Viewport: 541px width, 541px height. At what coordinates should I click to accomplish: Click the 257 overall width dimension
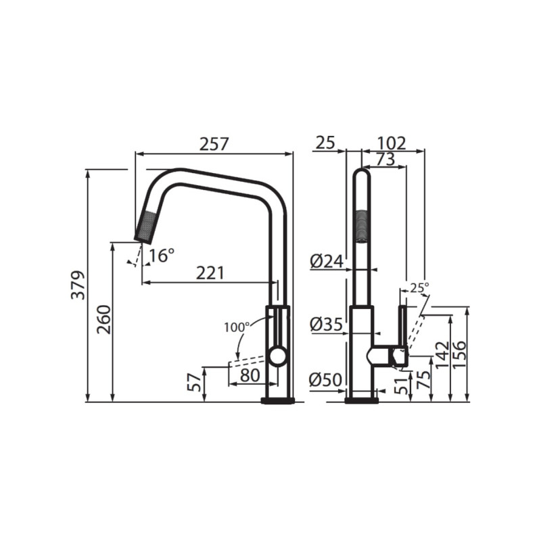click(214, 143)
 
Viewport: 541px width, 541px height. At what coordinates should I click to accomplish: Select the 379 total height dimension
click(79, 285)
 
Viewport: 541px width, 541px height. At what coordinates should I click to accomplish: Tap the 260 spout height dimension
click(103, 319)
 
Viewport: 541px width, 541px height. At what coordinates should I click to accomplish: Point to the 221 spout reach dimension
click(210, 273)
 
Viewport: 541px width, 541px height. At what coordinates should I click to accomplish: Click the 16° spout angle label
click(162, 256)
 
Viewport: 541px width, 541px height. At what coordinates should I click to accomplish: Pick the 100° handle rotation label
click(237, 327)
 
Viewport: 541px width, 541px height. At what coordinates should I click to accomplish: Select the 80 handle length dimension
click(250, 374)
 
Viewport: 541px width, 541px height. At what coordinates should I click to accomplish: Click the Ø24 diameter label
click(325, 260)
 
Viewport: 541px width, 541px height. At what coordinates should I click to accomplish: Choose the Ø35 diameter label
click(325, 325)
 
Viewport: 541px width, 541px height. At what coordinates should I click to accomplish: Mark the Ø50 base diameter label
click(325, 381)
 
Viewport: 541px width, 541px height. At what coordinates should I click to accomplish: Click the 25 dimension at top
click(326, 143)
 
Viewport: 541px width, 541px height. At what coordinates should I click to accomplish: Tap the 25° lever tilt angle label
click(420, 287)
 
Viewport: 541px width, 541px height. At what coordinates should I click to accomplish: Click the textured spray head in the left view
click(147, 225)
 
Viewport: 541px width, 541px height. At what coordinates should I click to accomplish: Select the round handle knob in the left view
click(277, 356)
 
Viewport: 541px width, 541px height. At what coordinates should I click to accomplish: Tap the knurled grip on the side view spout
click(362, 225)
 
